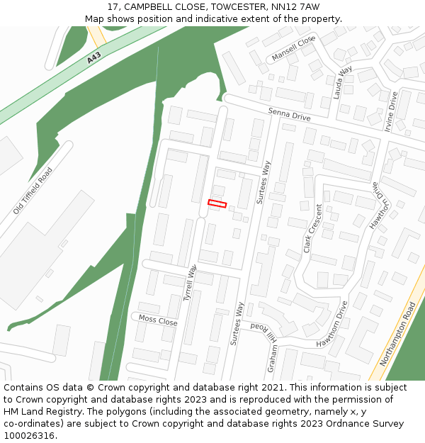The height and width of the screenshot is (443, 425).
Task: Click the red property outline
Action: (x=217, y=204)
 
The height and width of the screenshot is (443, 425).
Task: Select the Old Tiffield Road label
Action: (x=33, y=191)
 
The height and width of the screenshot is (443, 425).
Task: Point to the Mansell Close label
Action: (x=293, y=50)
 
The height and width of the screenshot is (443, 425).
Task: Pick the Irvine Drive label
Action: (x=390, y=112)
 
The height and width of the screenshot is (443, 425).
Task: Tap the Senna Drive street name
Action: (x=289, y=115)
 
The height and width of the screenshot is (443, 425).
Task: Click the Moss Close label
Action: (x=158, y=320)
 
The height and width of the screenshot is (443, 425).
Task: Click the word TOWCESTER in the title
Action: (x=223, y=7)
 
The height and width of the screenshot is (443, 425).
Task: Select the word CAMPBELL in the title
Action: (x=151, y=7)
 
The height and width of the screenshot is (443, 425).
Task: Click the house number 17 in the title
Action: (x=113, y=7)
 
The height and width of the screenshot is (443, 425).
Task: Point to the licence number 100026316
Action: (x=29, y=436)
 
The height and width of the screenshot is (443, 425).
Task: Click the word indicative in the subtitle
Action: (x=230, y=19)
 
